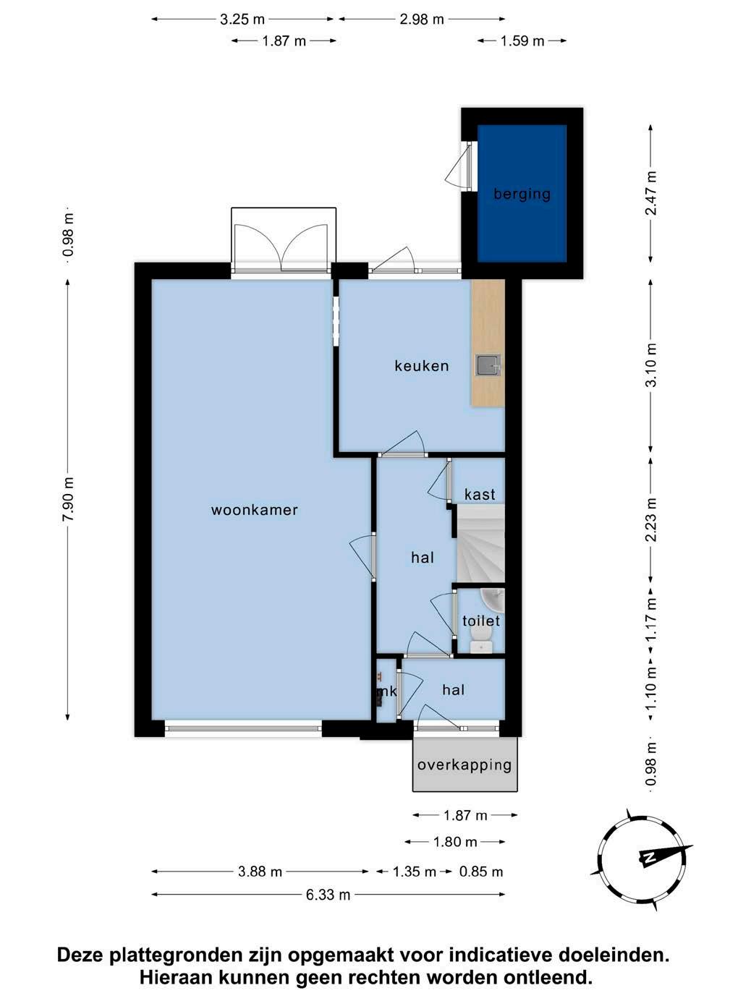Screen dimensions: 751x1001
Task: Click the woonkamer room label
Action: tap(255, 509)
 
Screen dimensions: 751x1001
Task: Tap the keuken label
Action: tap(422, 366)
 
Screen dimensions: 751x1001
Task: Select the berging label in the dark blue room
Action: tap(522, 195)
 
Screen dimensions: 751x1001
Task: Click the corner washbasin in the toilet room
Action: tap(493, 600)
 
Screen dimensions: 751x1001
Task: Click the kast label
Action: tap(480, 494)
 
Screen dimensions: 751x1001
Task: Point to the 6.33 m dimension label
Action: tap(328, 895)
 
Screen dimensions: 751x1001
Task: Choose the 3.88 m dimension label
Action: tap(260, 872)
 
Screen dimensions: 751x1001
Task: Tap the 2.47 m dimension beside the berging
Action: tap(652, 193)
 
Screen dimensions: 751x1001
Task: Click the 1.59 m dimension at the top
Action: tap(522, 41)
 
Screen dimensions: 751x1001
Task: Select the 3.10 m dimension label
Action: tap(652, 365)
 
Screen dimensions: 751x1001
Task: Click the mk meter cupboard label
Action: tap(386, 691)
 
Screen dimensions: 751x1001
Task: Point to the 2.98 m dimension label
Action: tap(422, 19)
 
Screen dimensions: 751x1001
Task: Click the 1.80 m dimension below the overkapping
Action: tap(455, 841)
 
